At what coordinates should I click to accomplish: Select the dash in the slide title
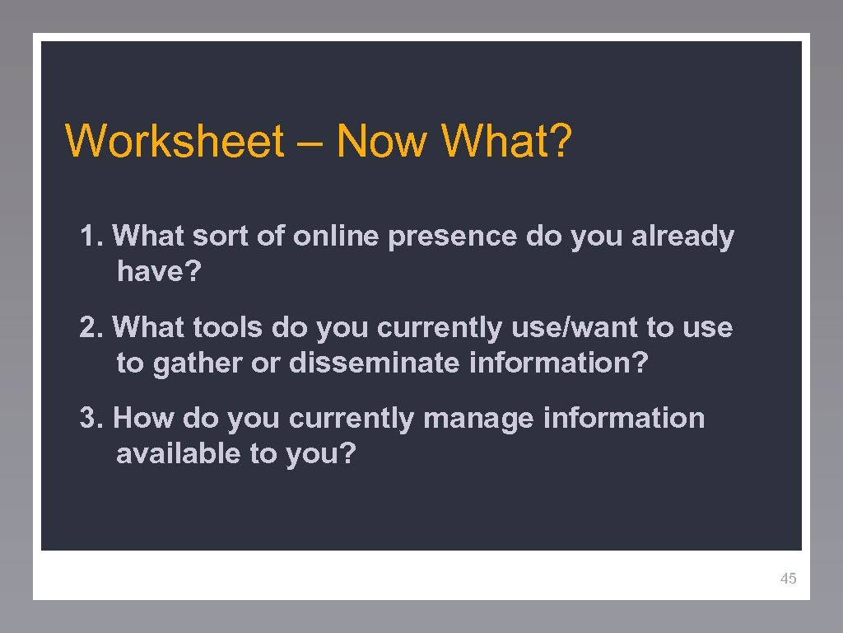click(x=310, y=143)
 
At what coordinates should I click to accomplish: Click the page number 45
click(x=788, y=579)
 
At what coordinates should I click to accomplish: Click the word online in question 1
click(x=337, y=237)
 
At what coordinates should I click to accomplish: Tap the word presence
click(x=453, y=237)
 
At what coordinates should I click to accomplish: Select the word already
click(x=682, y=237)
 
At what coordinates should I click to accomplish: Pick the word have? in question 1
click(x=158, y=271)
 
